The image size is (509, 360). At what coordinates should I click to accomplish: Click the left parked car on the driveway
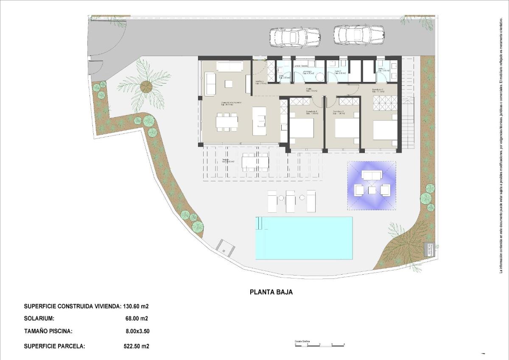294,37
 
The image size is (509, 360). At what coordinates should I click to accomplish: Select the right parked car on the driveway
359,35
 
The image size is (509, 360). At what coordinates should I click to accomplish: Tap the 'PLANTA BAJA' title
271,292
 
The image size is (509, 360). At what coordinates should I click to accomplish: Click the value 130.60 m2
136,306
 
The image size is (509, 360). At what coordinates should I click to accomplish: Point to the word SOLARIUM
39,318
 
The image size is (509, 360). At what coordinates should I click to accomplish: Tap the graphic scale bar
320,345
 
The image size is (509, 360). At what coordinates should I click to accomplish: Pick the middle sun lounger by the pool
291,201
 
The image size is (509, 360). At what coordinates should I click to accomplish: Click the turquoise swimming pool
304,238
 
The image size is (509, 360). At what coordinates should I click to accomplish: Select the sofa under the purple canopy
372,176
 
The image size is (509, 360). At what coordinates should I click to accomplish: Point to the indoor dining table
227,122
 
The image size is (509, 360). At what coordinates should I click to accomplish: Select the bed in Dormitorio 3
302,128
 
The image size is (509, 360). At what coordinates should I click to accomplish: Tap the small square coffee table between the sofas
229,84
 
